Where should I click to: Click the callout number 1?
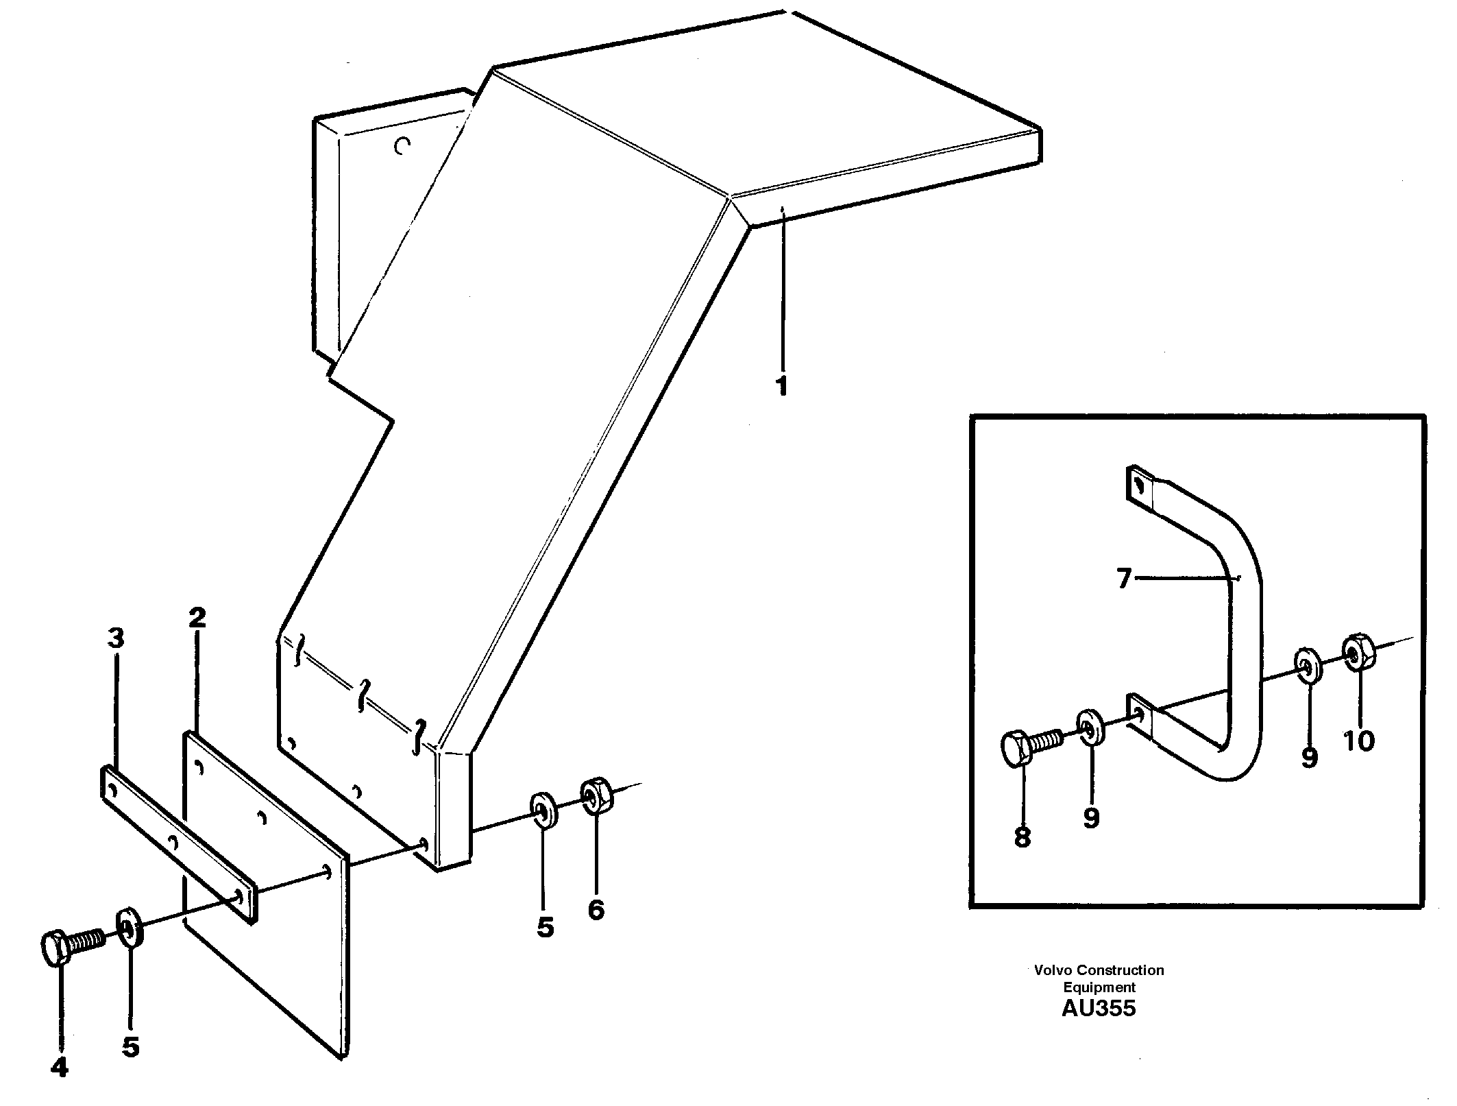(781, 385)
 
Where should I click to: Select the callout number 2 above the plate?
(197, 618)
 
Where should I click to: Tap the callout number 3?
(116, 638)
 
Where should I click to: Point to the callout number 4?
(60, 1067)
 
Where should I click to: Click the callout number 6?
(596, 909)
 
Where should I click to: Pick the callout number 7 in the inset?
(1123, 579)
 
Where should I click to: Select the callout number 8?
(1023, 837)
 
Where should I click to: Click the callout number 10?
(1359, 741)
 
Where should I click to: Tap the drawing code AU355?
(1098, 1008)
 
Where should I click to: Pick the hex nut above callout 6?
(596, 794)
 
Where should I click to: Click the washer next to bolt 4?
(130, 927)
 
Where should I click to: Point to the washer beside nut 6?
(543, 810)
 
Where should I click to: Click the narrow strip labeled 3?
(177, 843)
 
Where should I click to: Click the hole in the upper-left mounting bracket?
(403, 145)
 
